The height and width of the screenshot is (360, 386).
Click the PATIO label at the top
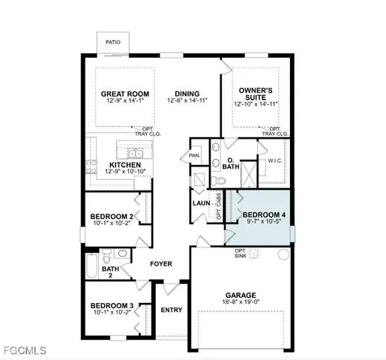coord(112,43)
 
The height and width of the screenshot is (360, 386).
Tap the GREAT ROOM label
coord(125,94)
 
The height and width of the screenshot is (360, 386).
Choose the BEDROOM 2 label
coord(109,216)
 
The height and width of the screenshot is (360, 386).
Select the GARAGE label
coord(241,295)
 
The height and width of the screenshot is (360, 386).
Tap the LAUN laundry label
coord(201,202)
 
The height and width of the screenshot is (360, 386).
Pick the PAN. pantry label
coord(193,155)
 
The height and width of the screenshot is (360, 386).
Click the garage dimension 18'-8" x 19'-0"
coord(241,303)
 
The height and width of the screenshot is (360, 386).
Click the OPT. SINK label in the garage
coord(241,254)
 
